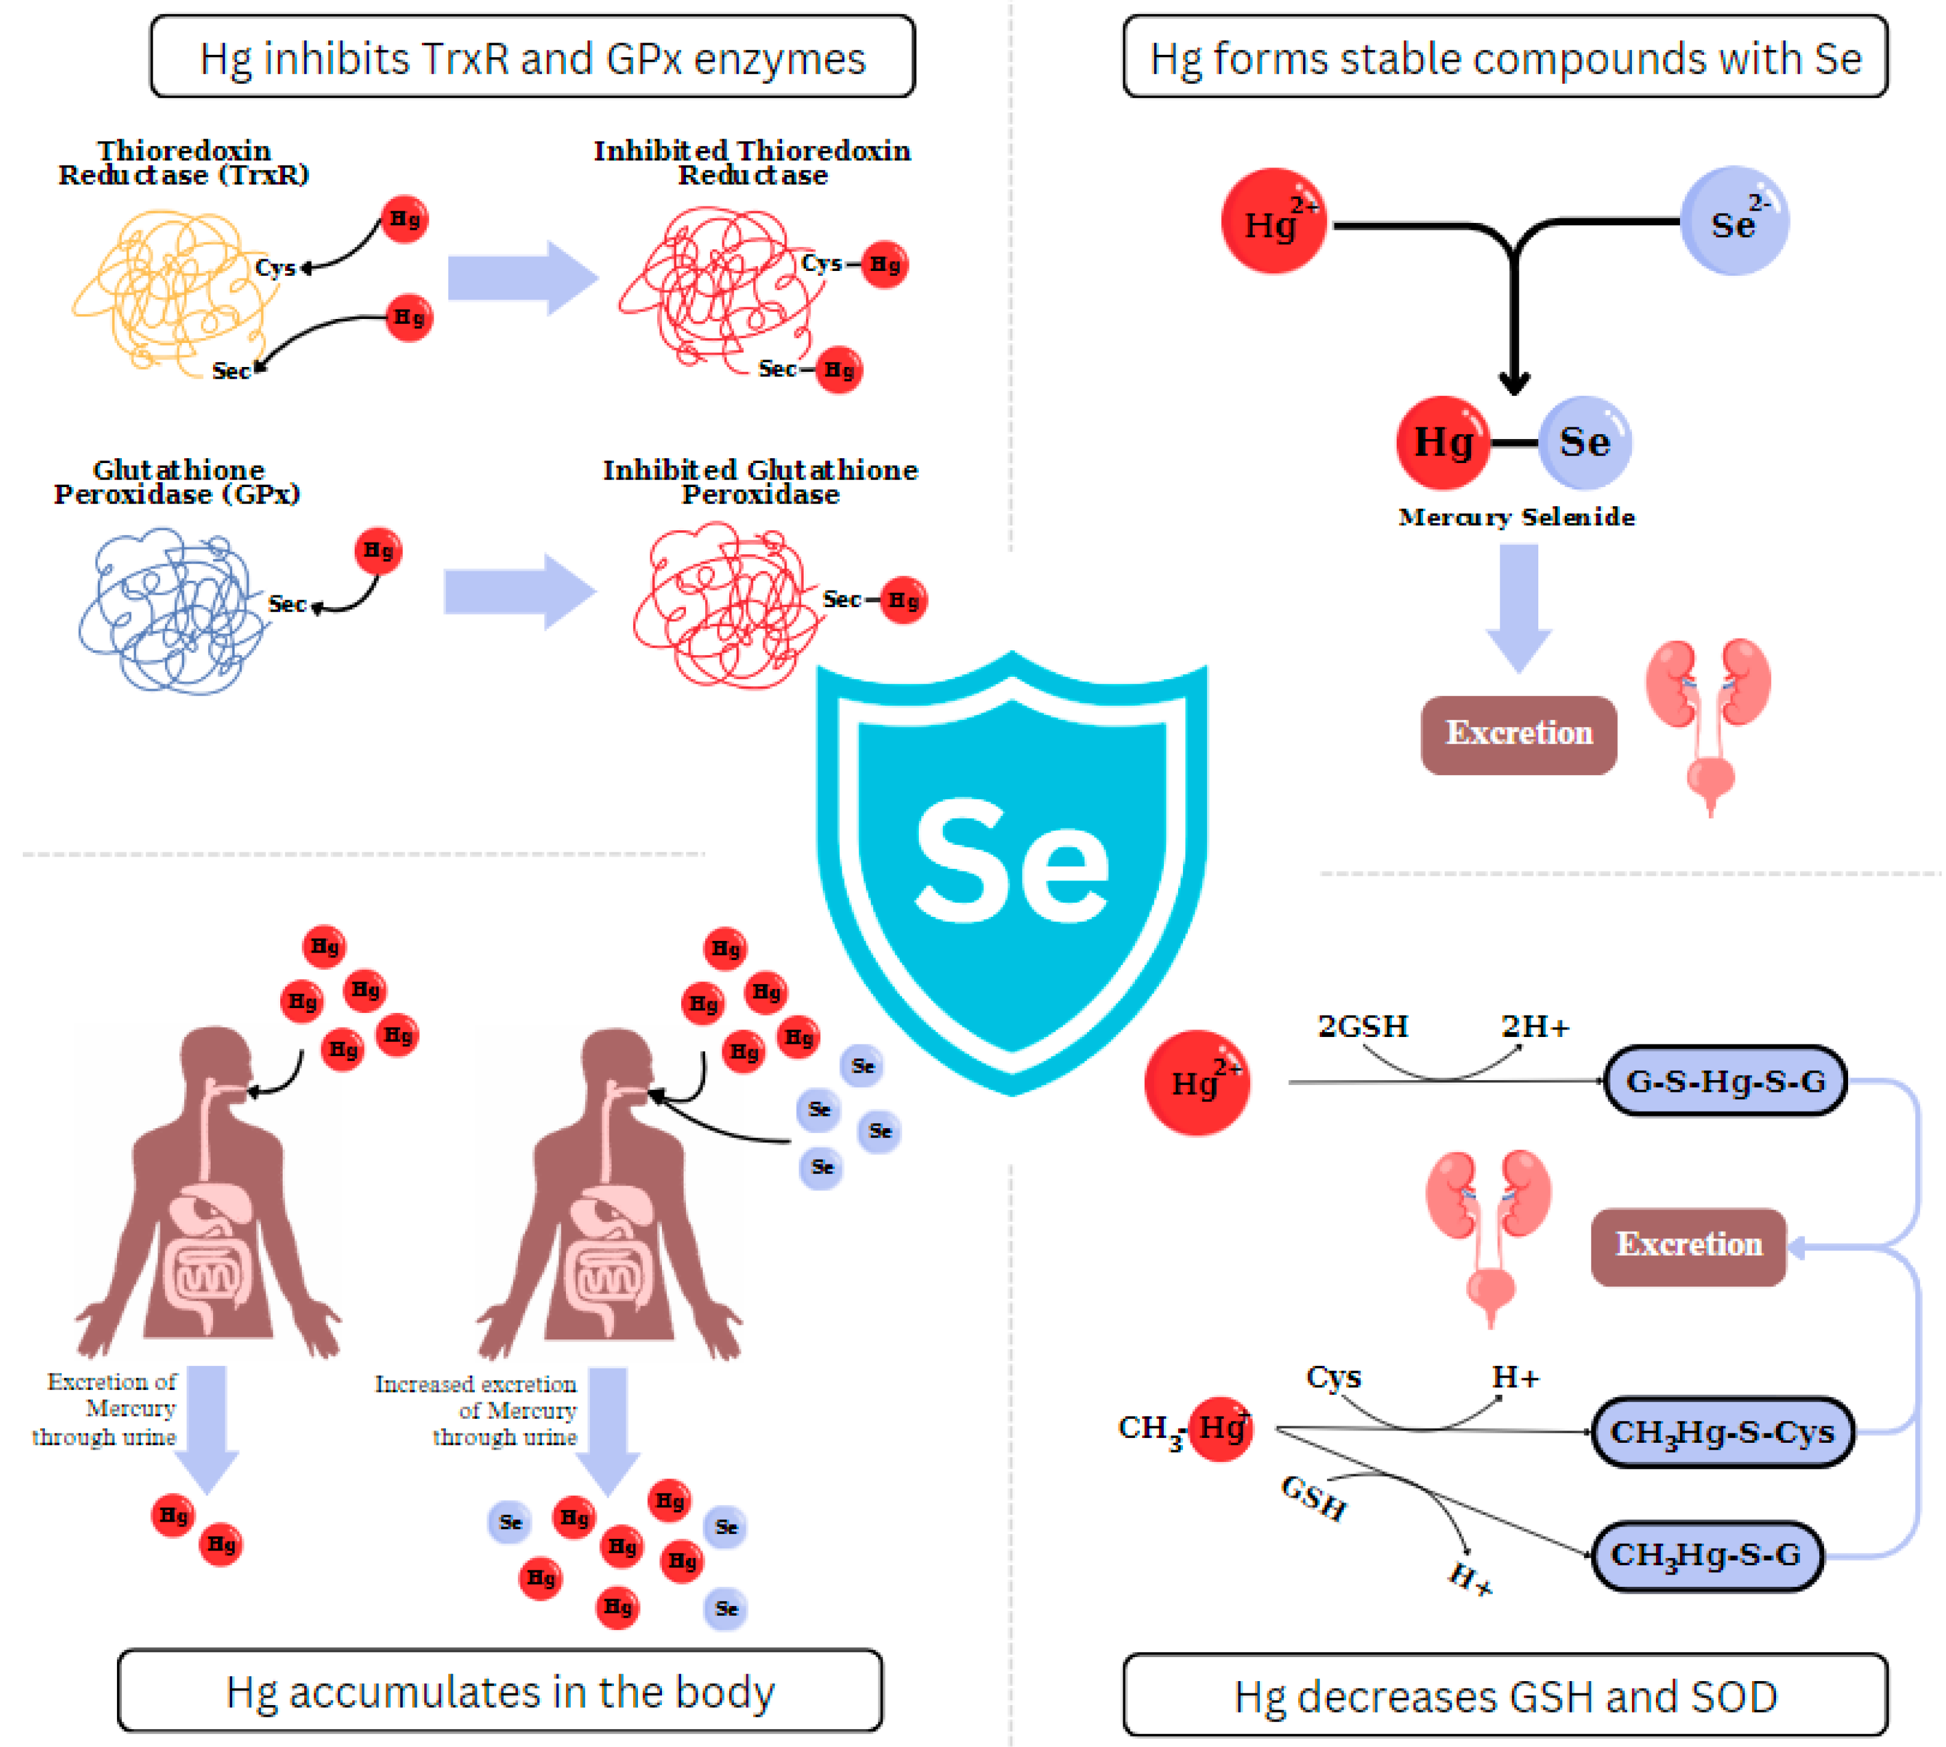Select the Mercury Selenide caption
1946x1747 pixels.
[1516, 517]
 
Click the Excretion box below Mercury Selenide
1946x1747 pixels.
[1518, 734]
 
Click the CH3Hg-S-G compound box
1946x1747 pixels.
[1706, 1555]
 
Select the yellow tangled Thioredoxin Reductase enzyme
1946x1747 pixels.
[173, 293]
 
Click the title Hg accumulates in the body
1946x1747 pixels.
[499, 1692]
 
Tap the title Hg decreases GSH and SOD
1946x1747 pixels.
[1504, 1696]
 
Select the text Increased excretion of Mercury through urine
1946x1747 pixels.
[477, 1410]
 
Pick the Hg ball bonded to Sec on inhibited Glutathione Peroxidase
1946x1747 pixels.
[902, 601]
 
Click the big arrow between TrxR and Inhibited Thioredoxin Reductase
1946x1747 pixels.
[522, 278]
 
